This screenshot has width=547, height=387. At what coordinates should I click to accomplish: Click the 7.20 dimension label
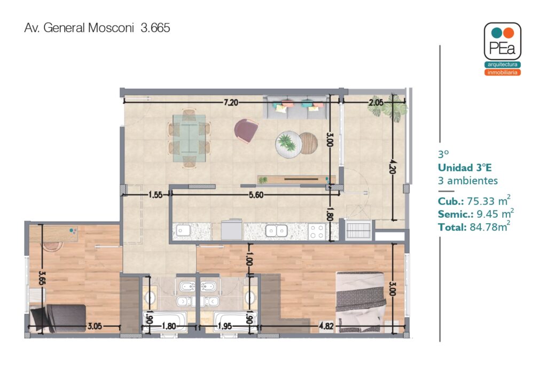pyautogui.click(x=231, y=102)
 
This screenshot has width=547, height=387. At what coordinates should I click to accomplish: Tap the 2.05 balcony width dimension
pyautogui.click(x=376, y=102)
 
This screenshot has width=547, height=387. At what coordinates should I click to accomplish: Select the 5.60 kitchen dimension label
pyautogui.click(x=256, y=195)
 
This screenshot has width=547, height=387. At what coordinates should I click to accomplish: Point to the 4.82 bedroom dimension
pyautogui.click(x=326, y=326)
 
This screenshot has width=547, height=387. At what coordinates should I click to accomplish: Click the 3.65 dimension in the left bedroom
pyautogui.click(x=42, y=278)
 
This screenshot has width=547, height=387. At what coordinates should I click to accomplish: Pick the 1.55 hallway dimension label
pyautogui.click(x=155, y=195)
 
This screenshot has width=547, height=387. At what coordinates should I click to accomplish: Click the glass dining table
pyautogui.click(x=189, y=138)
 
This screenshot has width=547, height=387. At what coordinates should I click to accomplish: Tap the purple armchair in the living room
pyautogui.click(x=246, y=130)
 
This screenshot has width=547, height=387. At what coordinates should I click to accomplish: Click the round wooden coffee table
pyautogui.click(x=308, y=143)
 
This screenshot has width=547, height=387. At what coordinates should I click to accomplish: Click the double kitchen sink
pyautogui.click(x=277, y=231)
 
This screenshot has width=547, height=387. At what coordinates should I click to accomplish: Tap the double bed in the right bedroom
pyautogui.click(x=361, y=302)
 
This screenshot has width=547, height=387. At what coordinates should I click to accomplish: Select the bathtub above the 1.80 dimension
pyautogui.click(x=165, y=321)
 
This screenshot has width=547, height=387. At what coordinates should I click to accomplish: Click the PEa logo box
pyautogui.click(x=502, y=41)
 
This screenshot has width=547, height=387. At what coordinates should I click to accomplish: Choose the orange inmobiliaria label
pyautogui.click(x=502, y=73)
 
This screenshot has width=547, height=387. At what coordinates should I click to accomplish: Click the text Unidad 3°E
pyautogui.click(x=465, y=168)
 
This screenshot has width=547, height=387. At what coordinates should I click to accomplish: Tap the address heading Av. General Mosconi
pyautogui.click(x=79, y=28)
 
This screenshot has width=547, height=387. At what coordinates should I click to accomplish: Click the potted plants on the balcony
pyautogui.click(x=388, y=108)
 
